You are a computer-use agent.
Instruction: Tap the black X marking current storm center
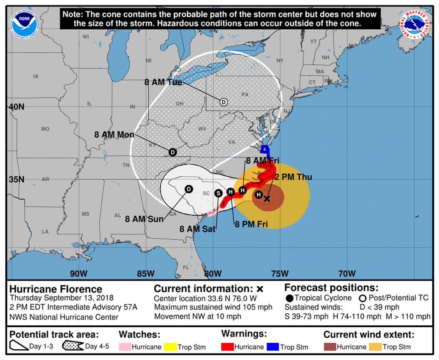click(267, 199)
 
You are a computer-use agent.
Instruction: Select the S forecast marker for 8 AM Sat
click(218, 193)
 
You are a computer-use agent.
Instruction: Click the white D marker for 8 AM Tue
click(223, 102)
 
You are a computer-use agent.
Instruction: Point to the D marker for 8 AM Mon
click(172, 152)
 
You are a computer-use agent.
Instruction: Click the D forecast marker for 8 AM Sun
click(189, 189)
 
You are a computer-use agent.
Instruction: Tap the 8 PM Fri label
click(251, 224)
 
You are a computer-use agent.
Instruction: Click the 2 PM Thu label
click(293, 177)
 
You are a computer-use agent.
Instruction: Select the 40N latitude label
click(16, 107)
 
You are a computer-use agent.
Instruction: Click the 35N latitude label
click(16, 179)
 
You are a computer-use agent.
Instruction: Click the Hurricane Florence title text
click(56, 289)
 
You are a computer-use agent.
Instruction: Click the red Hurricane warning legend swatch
click(227, 347)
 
